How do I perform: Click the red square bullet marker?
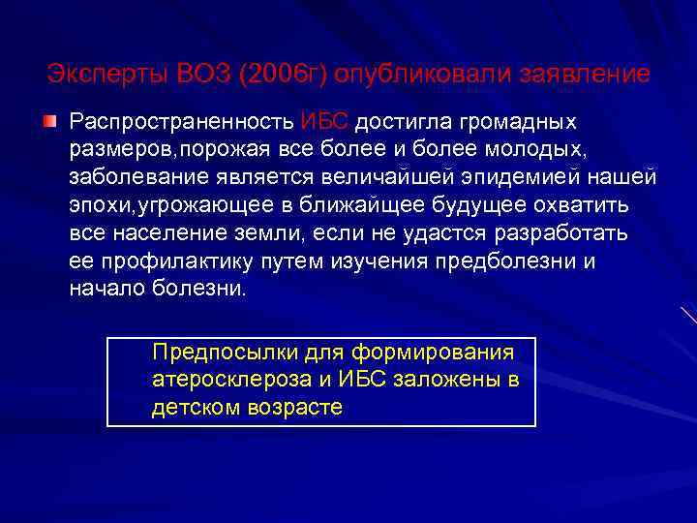[48, 123]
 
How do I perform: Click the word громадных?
[522, 123]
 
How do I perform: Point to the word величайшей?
[443, 178]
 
